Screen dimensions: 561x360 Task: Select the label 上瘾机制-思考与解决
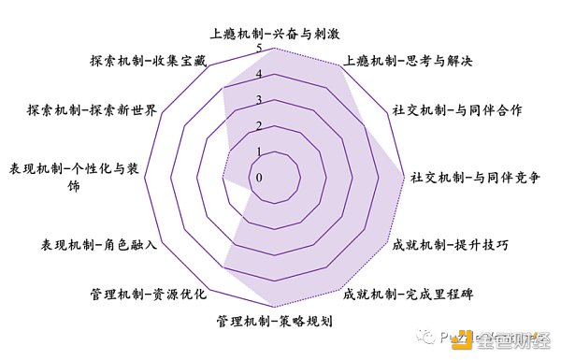tap(409, 62)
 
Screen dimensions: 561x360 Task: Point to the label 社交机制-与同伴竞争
tap(476, 177)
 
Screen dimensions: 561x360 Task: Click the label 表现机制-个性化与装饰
tap(62, 177)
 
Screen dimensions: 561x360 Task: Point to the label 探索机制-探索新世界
tap(97, 110)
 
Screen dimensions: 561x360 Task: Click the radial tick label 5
tap(259, 49)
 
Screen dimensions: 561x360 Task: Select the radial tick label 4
tap(259, 75)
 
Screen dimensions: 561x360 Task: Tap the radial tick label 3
tap(259, 100)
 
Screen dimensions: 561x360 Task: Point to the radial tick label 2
tap(259, 125)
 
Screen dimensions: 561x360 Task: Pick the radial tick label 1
tap(259, 151)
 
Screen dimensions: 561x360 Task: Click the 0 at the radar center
tap(259, 177)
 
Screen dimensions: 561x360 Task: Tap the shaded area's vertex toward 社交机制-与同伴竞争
tap(402, 176)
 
